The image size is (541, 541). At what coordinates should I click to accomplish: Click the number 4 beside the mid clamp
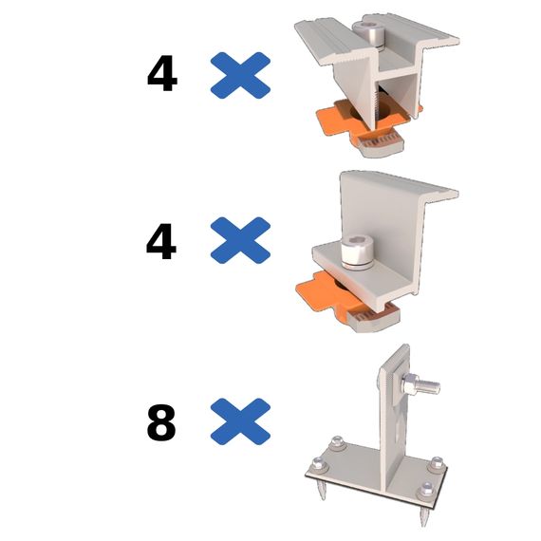tap(162, 76)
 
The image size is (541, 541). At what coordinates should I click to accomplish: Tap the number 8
tap(161, 423)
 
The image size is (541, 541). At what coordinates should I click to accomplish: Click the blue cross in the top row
tap(240, 75)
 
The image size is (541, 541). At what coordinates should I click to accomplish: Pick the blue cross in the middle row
tap(240, 240)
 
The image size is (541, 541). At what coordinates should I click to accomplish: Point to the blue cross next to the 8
tap(240, 421)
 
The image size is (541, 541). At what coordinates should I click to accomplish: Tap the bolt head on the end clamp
tap(357, 252)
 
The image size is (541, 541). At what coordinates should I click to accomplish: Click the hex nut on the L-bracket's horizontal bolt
tap(410, 383)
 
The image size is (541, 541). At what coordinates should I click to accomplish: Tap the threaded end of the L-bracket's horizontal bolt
tap(430, 386)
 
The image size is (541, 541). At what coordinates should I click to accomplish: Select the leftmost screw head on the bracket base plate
tap(319, 463)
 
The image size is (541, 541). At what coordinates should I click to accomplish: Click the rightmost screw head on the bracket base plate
tap(438, 463)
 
